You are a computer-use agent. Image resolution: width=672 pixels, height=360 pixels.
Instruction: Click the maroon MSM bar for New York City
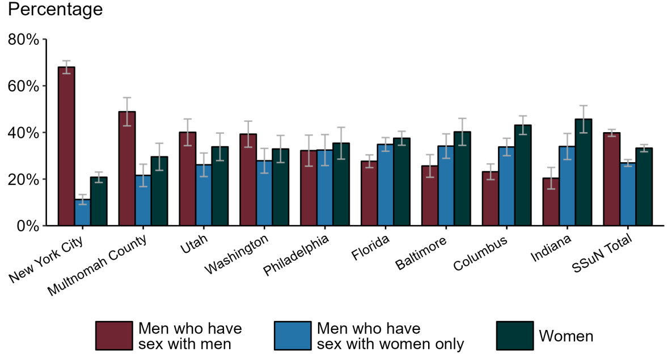(x=66, y=146)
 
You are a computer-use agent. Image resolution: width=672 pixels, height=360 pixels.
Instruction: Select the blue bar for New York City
(x=83, y=213)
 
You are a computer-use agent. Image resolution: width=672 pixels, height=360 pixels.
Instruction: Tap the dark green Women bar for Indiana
(x=568, y=172)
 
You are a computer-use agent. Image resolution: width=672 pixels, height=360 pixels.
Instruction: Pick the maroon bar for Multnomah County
(x=127, y=168)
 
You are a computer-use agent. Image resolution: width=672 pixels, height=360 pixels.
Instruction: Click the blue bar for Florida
(x=386, y=185)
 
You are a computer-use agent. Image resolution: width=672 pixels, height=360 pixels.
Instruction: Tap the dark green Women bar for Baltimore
(x=446, y=179)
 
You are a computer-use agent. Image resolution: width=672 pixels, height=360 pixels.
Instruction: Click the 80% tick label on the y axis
(x=23, y=40)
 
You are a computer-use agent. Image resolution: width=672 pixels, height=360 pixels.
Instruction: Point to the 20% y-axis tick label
(x=23, y=179)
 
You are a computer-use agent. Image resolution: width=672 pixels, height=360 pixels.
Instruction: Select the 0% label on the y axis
(x=27, y=226)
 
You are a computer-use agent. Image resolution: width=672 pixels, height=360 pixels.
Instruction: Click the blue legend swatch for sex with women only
(x=292, y=336)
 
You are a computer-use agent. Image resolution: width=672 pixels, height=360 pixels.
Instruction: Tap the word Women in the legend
(x=565, y=336)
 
